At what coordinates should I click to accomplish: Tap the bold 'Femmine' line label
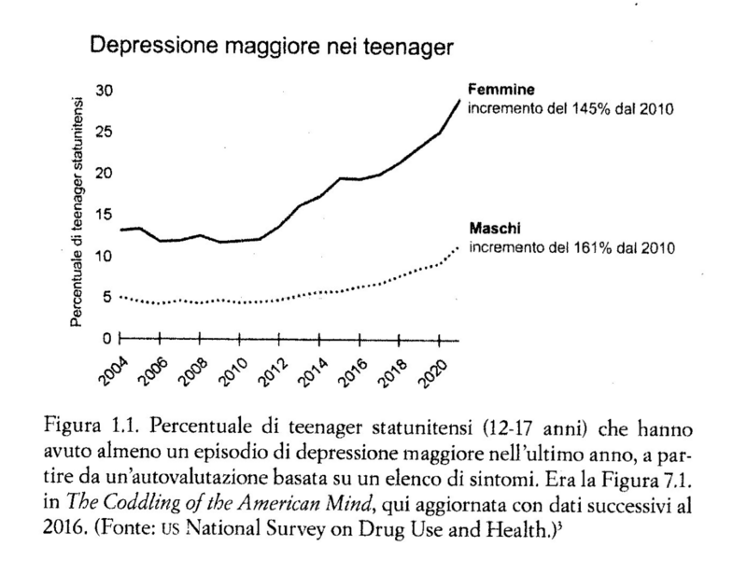click(500, 91)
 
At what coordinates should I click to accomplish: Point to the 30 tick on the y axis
click(105, 91)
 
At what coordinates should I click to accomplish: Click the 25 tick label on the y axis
click(105, 133)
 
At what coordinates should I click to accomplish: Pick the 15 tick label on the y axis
click(105, 215)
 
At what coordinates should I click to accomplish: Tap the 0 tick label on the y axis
click(108, 338)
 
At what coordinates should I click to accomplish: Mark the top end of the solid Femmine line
click(458, 99)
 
